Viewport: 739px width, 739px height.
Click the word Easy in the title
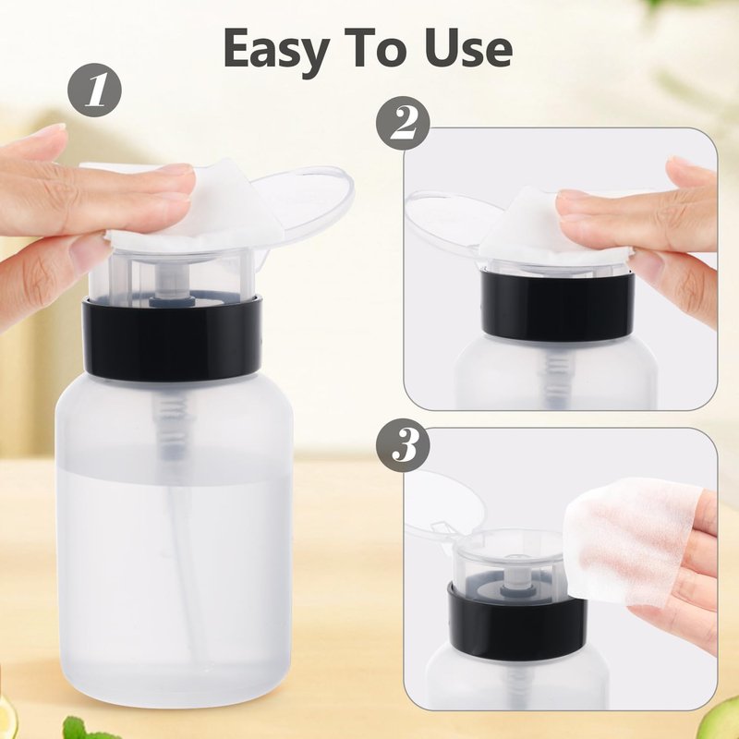click(276, 50)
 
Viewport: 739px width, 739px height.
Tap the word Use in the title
click(467, 48)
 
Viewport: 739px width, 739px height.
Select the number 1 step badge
click(95, 90)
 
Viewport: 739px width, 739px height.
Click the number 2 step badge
click(403, 124)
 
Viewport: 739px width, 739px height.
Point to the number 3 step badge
click(403, 445)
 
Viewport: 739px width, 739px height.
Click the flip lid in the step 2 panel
click(448, 222)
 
